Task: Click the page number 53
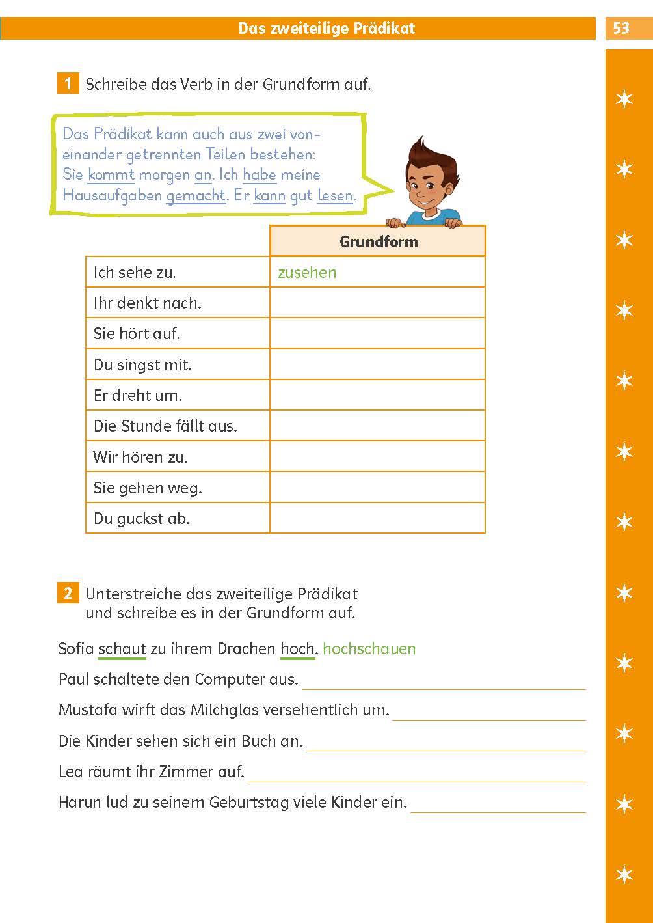[x=621, y=28]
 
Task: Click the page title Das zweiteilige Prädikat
[x=326, y=28]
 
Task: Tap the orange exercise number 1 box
[x=68, y=84]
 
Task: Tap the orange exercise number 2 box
[x=68, y=593]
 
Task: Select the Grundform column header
[x=378, y=241]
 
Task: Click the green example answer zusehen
[x=307, y=272]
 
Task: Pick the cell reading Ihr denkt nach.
[x=148, y=303]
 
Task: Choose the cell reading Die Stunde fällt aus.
[x=165, y=426]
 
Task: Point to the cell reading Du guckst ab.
[x=142, y=519]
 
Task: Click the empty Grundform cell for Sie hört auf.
[x=377, y=333]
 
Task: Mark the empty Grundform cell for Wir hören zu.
[x=377, y=456]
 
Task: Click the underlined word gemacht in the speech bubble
[x=196, y=195]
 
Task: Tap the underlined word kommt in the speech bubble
[x=111, y=174]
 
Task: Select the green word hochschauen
[x=369, y=649]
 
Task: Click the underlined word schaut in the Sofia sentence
[x=122, y=649]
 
